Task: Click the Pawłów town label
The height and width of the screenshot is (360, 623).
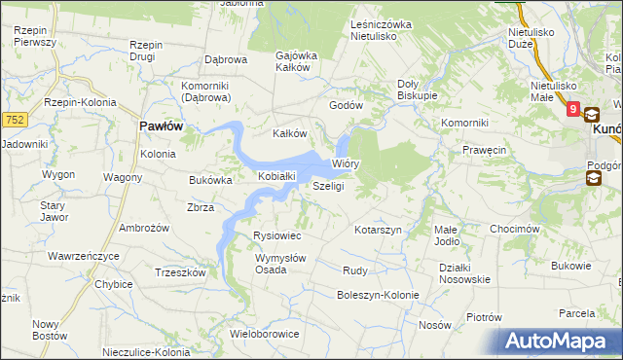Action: tap(162, 126)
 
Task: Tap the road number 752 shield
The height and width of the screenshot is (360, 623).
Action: tap(14, 119)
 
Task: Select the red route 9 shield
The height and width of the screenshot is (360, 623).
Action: tap(573, 111)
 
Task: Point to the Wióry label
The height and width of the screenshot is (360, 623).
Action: tap(347, 163)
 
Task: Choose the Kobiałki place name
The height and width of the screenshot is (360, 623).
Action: tap(276, 176)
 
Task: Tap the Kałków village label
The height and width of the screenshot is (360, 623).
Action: tap(289, 133)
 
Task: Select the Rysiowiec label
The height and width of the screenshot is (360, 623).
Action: tap(277, 236)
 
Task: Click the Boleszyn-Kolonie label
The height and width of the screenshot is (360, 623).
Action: tap(378, 295)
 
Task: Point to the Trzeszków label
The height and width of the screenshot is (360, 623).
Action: tap(179, 273)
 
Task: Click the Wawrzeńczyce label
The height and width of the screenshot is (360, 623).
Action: tap(84, 256)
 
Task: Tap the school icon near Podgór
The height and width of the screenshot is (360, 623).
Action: tap(594, 178)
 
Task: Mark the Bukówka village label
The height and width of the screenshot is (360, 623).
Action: tap(210, 180)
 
